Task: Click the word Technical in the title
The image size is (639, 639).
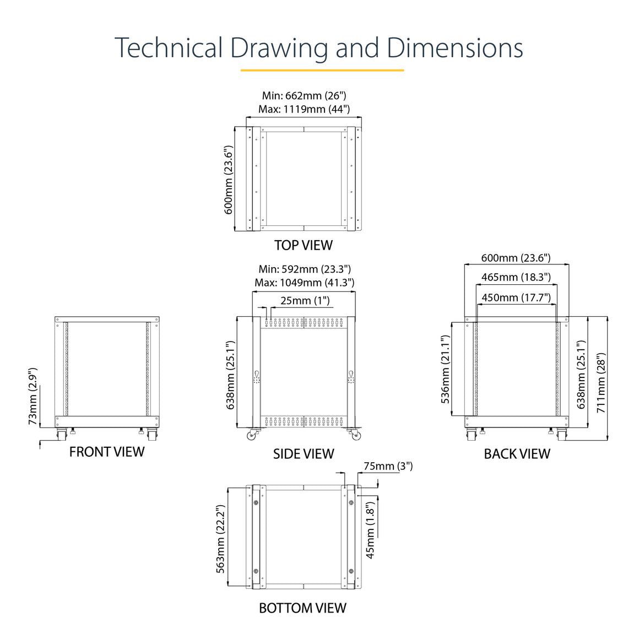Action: [x=169, y=47]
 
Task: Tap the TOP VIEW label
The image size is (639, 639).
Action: [x=304, y=245]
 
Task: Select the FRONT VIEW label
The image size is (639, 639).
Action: [x=107, y=452]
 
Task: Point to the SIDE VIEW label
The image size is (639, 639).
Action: [x=304, y=454]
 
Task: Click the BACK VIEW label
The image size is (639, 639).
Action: [x=517, y=454]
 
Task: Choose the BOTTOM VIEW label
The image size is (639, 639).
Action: [x=303, y=608]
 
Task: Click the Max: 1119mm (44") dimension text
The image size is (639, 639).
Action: [x=304, y=109]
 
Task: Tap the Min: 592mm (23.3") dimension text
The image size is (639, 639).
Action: [x=305, y=269]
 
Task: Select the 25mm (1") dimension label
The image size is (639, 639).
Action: [x=305, y=301]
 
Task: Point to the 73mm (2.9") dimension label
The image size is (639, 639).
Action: [x=33, y=397]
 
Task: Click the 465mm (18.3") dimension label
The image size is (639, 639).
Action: [x=516, y=278]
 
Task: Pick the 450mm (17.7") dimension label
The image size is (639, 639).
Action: [x=516, y=298]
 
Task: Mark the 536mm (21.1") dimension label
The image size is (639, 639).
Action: [x=446, y=370]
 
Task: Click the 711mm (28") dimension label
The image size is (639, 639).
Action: [x=602, y=383]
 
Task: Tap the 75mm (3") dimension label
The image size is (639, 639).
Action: [x=388, y=466]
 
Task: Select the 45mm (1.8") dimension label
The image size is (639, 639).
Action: [x=370, y=530]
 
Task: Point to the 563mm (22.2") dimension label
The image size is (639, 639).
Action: [x=220, y=539]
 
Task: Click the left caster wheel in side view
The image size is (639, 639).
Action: [x=251, y=436]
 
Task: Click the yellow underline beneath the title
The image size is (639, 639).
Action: [x=322, y=70]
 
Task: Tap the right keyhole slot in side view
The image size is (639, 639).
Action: [x=351, y=373]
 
